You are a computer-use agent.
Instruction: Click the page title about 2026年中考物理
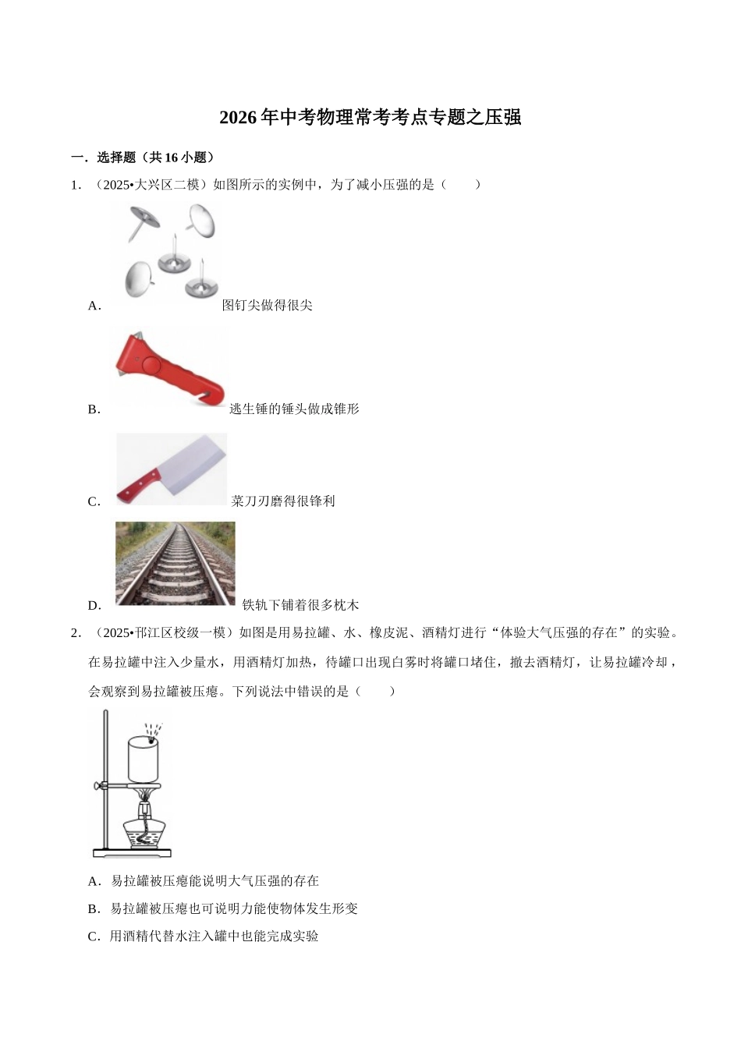(x=370, y=118)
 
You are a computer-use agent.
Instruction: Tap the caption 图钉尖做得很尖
(x=267, y=305)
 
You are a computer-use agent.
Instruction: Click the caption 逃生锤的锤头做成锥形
(x=294, y=409)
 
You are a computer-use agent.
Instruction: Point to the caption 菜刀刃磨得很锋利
(x=283, y=501)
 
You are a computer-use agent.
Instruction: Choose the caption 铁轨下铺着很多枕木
(x=300, y=605)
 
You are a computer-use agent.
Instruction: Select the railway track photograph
(x=175, y=563)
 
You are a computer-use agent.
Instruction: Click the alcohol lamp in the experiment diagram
(x=144, y=827)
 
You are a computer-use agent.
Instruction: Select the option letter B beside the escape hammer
(x=94, y=409)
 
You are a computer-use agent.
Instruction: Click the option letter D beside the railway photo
(x=94, y=606)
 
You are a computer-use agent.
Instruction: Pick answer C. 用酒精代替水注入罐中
(x=204, y=936)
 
